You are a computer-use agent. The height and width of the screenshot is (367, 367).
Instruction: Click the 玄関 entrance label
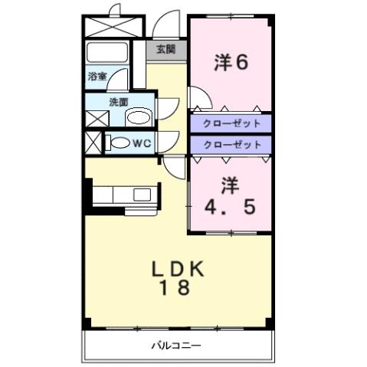tap(165, 50)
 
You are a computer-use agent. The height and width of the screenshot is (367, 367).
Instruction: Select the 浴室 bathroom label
tap(97, 77)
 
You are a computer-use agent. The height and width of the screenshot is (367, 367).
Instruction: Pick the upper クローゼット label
tap(231, 123)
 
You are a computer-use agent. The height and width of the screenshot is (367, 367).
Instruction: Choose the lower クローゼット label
tap(231, 144)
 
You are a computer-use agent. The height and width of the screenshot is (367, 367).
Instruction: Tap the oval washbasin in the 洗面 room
tap(138, 117)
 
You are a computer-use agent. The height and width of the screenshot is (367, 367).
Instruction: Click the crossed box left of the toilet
tap(93, 143)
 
